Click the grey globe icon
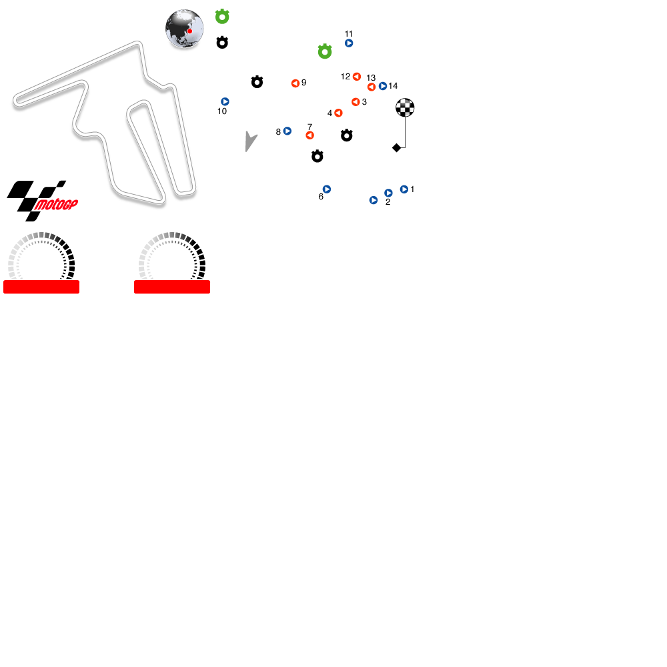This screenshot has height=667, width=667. coord(184,29)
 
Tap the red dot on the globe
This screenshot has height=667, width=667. coord(189,31)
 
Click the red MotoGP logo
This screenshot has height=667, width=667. coord(56,204)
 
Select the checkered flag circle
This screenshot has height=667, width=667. coord(405,107)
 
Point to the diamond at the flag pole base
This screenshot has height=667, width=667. coord(396,147)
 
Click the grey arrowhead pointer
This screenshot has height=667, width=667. coord(249,141)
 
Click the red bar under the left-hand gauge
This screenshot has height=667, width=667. coord(41,287)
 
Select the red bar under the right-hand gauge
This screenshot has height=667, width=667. coord(172,287)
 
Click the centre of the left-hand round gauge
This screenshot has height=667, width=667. coord(41,264)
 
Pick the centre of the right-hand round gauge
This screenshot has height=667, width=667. coord(172,264)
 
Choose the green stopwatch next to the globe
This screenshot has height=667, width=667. coord(222,17)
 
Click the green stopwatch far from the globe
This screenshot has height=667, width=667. coord(325,51)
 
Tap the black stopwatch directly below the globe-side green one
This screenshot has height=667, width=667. coord(222,43)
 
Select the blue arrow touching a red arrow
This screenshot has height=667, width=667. coord(383,86)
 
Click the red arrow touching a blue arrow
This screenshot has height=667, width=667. coord(372,87)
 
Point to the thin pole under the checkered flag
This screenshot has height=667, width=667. coord(405,132)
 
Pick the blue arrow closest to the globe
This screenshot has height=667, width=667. coord(225,101)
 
